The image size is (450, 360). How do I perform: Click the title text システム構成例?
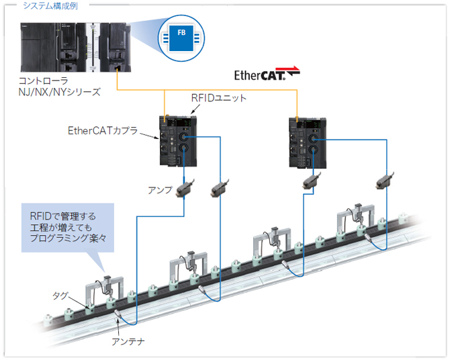click(51, 5)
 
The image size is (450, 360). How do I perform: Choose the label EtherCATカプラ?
click(103, 130)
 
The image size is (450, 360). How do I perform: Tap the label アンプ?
click(160, 190)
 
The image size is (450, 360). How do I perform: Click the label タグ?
click(60, 296)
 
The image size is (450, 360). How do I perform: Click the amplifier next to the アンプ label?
click(184, 190)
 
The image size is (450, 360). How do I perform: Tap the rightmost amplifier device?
click(384, 179)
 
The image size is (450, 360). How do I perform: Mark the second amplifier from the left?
click(220, 189)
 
